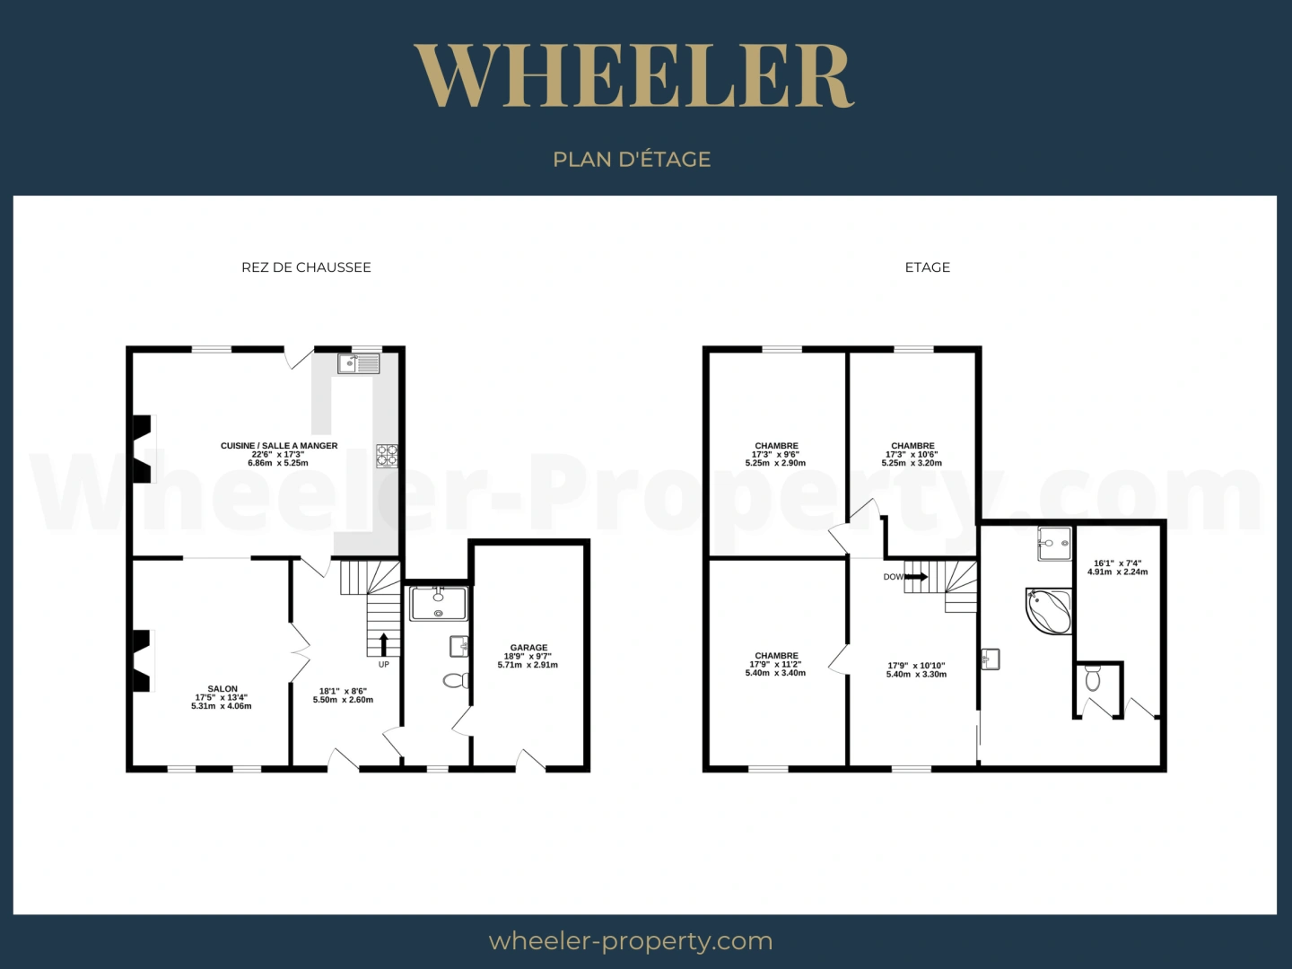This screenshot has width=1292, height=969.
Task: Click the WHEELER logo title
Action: [x=634, y=75]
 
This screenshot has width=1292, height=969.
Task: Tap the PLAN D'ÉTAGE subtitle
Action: [x=632, y=160]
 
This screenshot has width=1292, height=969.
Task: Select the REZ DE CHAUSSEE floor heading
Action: [x=306, y=267]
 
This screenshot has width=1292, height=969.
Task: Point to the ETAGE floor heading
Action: [x=927, y=267]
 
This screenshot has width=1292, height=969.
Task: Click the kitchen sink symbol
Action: [x=359, y=363]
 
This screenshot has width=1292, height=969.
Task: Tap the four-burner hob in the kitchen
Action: [x=387, y=456]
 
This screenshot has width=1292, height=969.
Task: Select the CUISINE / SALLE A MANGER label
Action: [x=279, y=445]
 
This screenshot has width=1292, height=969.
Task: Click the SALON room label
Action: [x=223, y=688]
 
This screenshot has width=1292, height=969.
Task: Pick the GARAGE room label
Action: [x=528, y=647]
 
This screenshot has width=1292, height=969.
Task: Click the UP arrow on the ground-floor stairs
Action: [x=384, y=645]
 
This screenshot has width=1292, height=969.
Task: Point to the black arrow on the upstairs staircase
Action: [x=916, y=577]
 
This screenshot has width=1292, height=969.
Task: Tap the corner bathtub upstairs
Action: [x=1048, y=611]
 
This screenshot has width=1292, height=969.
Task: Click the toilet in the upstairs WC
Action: [x=1093, y=677]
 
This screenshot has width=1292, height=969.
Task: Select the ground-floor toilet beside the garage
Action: [x=456, y=681]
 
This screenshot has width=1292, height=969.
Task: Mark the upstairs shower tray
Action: [x=1054, y=543]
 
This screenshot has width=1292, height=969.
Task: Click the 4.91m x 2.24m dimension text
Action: [x=1117, y=572]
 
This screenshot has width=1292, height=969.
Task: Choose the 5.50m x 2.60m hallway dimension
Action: [x=343, y=700]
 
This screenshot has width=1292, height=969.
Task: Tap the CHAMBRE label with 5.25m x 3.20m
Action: [x=912, y=445]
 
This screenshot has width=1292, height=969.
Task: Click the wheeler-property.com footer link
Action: [x=631, y=941]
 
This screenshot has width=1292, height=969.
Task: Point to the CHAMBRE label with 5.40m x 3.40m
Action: [x=776, y=655]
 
